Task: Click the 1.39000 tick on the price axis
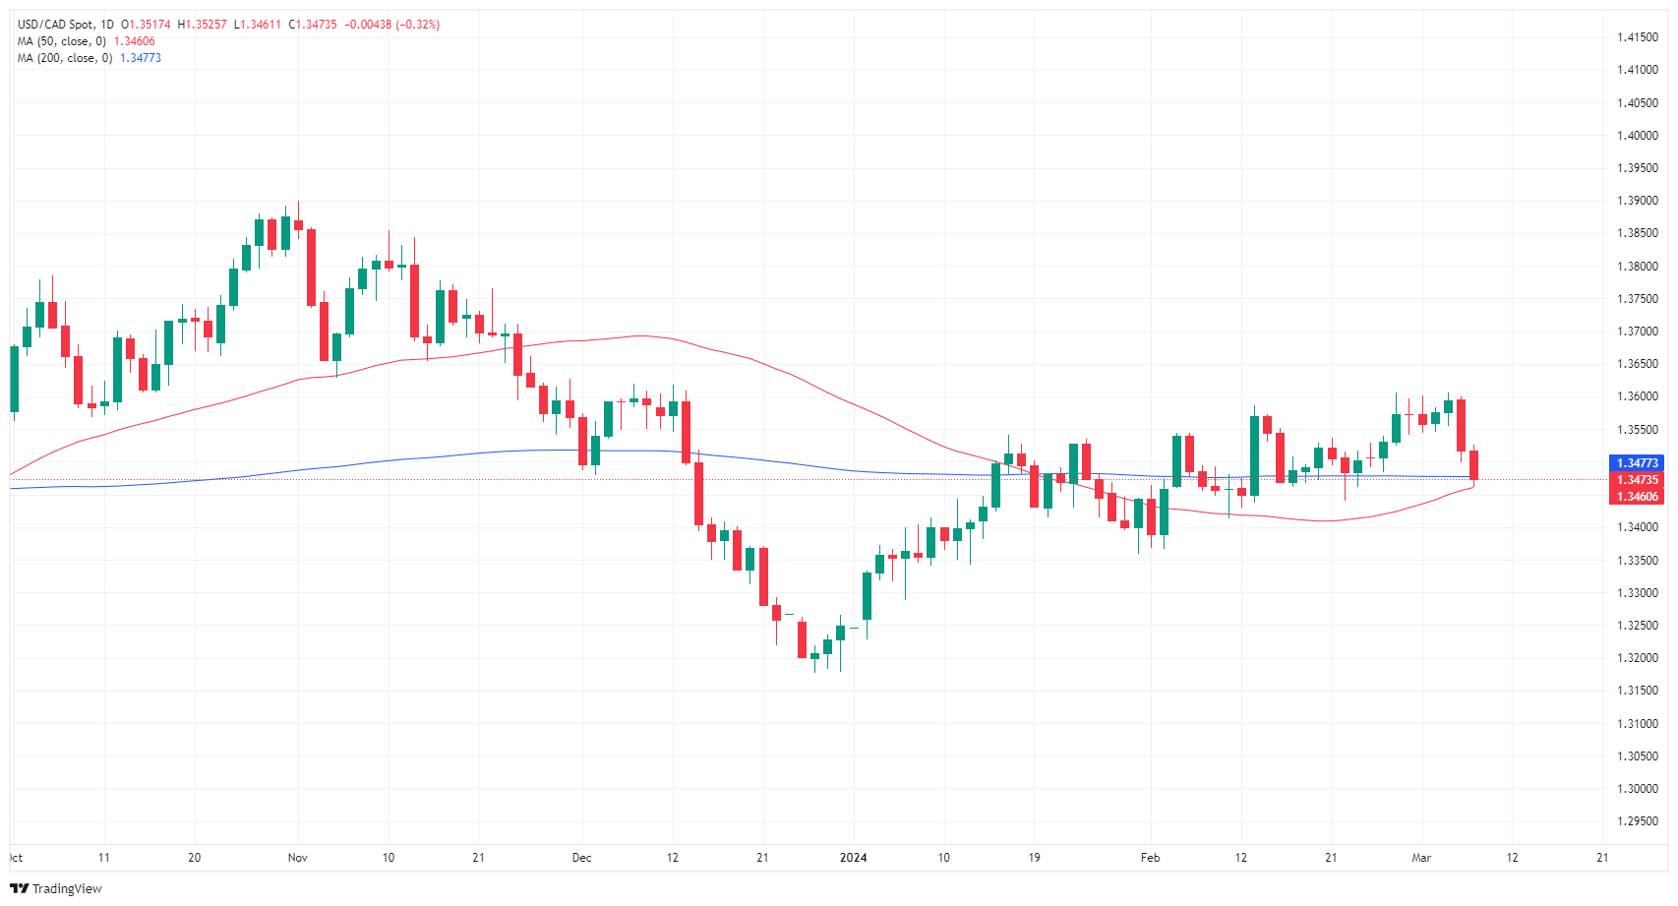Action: pos(1638,201)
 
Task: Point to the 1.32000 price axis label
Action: pos(1638,658)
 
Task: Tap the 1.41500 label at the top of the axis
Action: pos(1638,37)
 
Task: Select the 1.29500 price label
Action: pos(1638,821)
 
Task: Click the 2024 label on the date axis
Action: pos(853,858)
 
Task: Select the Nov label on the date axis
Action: pos(298,858)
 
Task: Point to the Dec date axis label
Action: pos(582,858)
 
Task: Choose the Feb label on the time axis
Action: pos(1150,858)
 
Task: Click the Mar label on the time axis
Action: pos(1421,858)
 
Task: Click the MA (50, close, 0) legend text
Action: pos(62,41)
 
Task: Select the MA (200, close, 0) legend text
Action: pos(65,58)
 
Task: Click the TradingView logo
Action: pos(56,888)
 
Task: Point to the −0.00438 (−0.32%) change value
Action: pos(391,25)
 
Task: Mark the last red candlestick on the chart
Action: pos(1473,465)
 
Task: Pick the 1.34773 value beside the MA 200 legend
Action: pos(141,58)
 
